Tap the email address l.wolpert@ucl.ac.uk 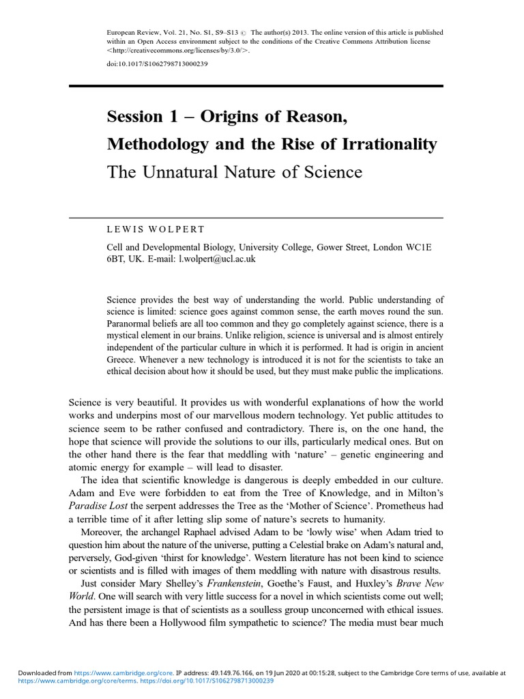pyautogui.click(x=216, y=260)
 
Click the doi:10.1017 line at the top pyautogui.click(x=157, y=64)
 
